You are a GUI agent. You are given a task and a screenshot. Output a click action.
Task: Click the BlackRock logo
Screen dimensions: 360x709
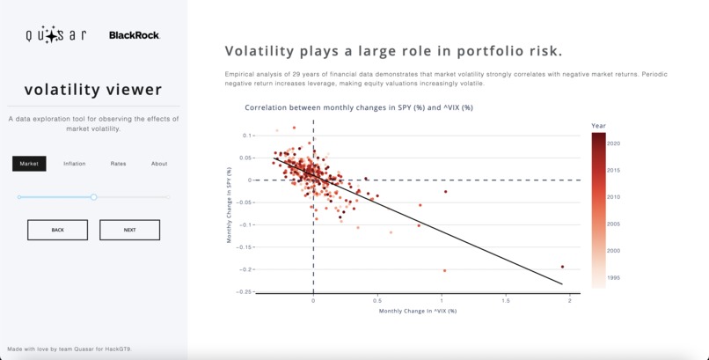coord(134,35)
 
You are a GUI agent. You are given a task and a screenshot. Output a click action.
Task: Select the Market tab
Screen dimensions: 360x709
coord(29,164)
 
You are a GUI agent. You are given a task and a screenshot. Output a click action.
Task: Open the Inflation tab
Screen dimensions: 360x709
coord(75,164)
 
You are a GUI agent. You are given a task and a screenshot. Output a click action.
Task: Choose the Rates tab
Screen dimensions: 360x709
coord(118,164)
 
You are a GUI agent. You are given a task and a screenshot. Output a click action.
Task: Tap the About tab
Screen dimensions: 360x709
coord(158,164)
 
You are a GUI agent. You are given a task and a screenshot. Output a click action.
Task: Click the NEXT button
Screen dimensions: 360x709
coord(129,230)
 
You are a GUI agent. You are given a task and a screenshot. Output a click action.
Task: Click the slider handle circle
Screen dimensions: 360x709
coord(94,197)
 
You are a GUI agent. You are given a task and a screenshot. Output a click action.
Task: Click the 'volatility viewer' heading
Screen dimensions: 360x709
coord(92,90)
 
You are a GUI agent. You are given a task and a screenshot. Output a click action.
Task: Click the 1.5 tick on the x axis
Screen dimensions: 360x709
coord(506,300)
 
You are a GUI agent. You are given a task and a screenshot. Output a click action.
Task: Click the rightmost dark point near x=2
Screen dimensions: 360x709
coord(562,267)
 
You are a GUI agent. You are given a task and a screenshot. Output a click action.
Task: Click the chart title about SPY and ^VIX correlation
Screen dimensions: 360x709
coord(359,107)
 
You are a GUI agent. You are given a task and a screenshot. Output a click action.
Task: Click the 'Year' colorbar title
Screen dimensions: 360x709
coord(599,125)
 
